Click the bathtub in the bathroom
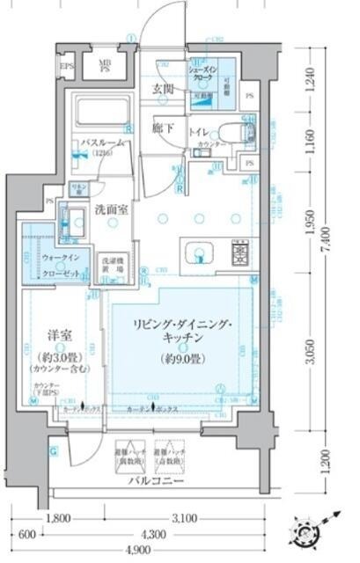tap(102, 113)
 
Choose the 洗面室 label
tap(112, 211)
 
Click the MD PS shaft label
tap(105, 67)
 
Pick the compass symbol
tap(314, 535)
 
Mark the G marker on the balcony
tap(52, 452)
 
